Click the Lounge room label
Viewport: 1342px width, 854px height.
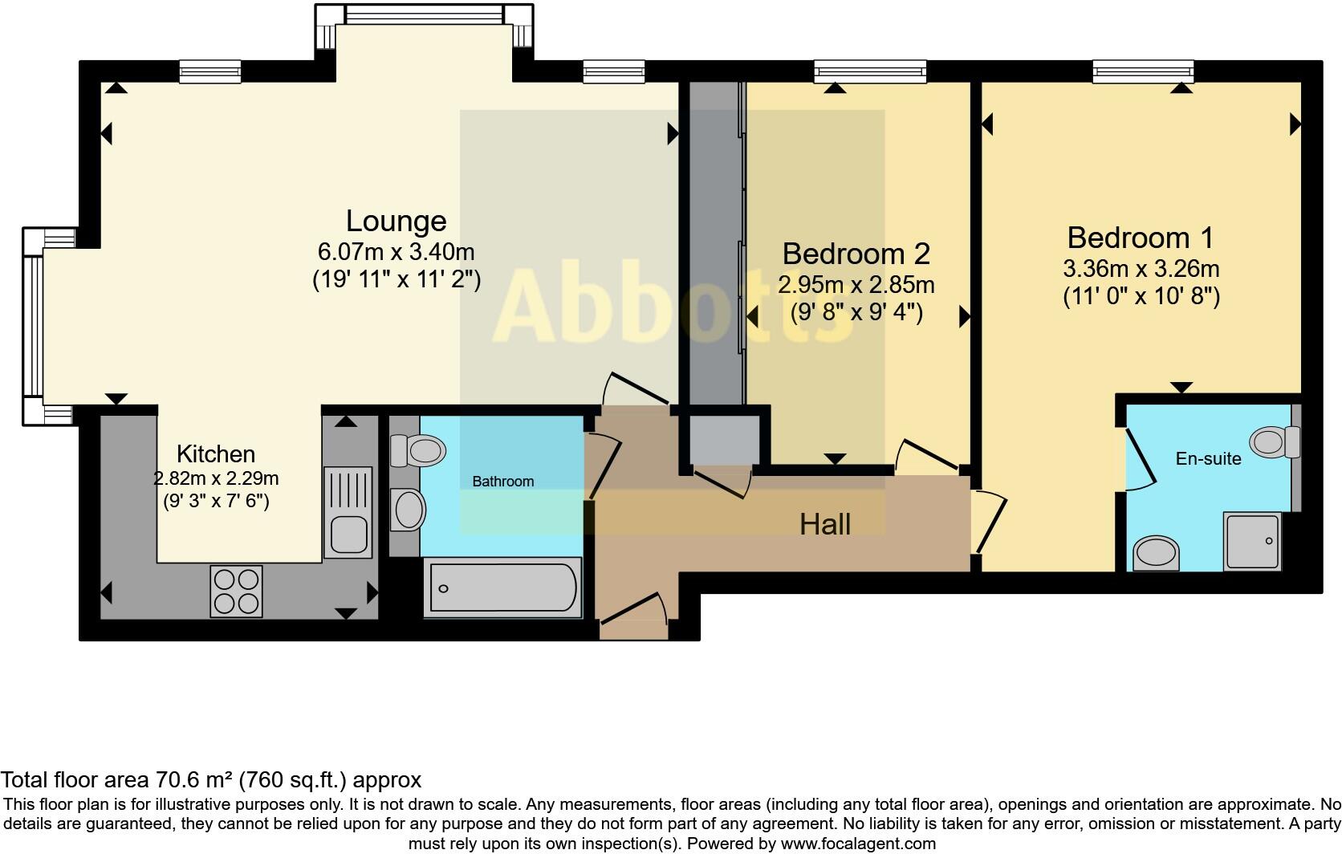tap(396, 221)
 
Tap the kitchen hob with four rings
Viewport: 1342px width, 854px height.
tap(236, 591)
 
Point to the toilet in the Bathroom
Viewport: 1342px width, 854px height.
tap(418, 450)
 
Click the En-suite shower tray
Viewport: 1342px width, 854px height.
tap(1251, 542)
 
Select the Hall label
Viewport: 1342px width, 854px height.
tap(825, 525)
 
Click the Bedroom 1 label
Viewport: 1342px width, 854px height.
tap(1140, 238)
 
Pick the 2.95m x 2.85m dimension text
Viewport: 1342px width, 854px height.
tap(856, 284)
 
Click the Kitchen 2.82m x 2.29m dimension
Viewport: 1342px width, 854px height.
tap(216, 479)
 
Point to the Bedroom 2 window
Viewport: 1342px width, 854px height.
tap(870, 72)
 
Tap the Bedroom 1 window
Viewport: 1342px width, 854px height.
tap(1142, 72)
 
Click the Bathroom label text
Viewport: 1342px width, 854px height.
tap(502, 482)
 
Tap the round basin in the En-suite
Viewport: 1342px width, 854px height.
tap(1157, 553)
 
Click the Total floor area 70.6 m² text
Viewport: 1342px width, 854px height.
tap(211, 779)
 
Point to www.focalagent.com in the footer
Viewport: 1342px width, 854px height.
tap(858, 844)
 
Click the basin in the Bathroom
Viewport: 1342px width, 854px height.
tap(409, 510)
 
